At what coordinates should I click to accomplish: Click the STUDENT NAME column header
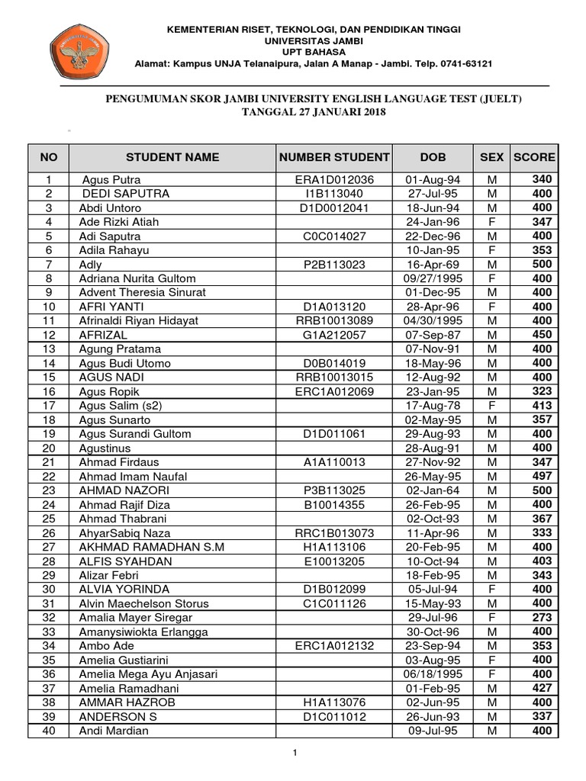[172, 157]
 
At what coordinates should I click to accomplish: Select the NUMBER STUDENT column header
[334, 157]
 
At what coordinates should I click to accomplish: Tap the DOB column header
[432, 157]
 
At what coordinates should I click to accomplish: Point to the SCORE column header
[534, 157]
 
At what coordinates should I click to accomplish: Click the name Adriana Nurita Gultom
[137, 278]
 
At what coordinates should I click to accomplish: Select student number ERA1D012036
[334, 180]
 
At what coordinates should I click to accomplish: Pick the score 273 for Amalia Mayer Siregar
[542, 617]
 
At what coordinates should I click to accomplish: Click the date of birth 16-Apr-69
[432, 265]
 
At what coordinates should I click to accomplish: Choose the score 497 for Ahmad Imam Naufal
[542, 476]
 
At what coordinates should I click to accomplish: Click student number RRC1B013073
[334, 532]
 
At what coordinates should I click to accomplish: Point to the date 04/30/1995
[432, 321]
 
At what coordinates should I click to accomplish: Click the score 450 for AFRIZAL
[542, 335]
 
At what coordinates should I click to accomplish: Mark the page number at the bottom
[294, 754]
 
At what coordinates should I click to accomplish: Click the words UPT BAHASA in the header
[314, 52]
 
